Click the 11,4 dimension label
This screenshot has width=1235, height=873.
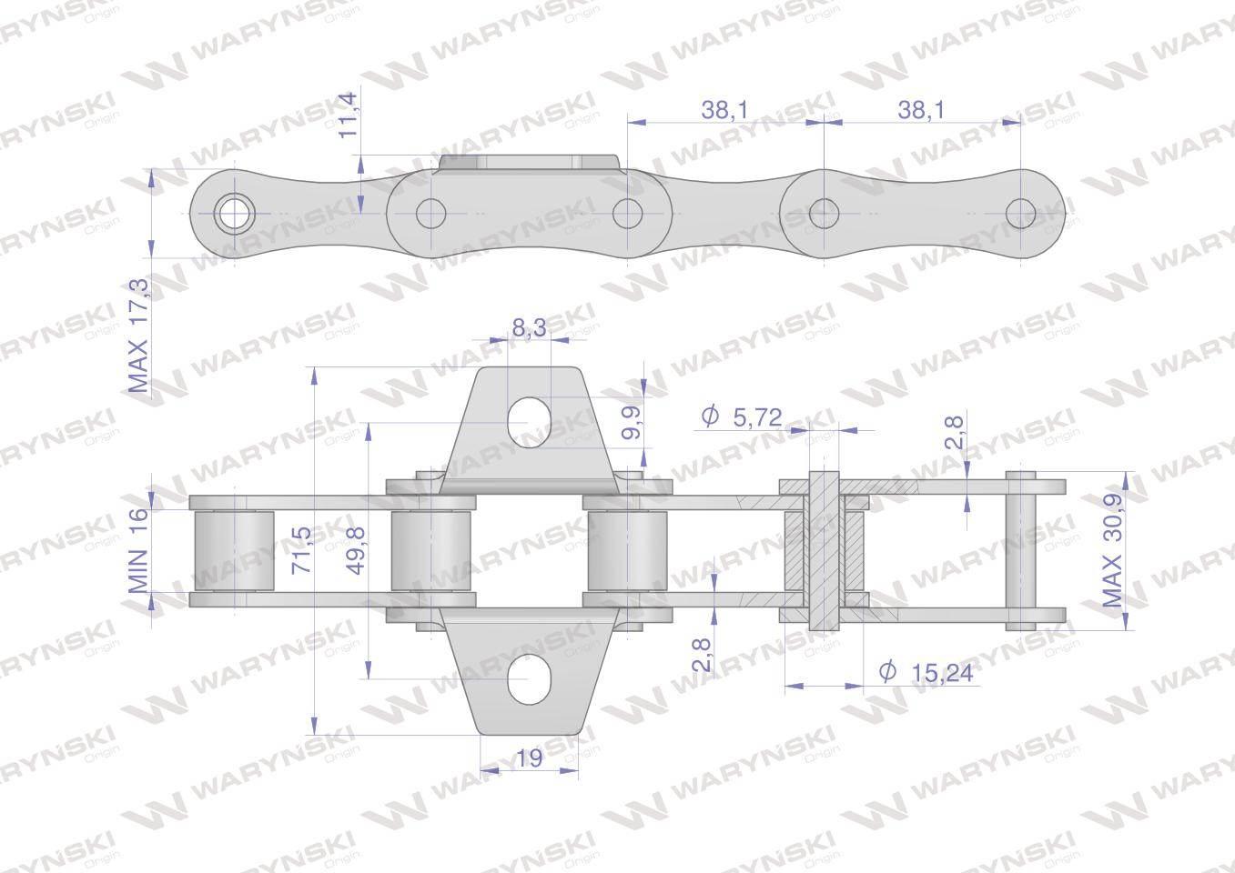349,115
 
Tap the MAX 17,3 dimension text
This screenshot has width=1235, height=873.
138,336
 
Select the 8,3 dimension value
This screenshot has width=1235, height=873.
529,328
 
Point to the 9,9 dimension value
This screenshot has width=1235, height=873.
632,423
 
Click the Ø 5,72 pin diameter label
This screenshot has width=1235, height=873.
741,416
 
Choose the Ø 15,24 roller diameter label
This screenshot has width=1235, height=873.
926,673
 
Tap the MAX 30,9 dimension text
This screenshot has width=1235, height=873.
1112,550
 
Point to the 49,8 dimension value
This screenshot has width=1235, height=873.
358,550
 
